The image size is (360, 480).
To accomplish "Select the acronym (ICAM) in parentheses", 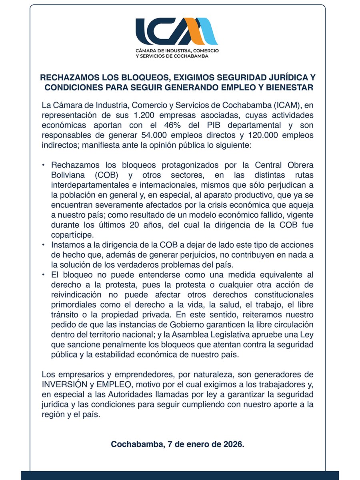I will point(286,106).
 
